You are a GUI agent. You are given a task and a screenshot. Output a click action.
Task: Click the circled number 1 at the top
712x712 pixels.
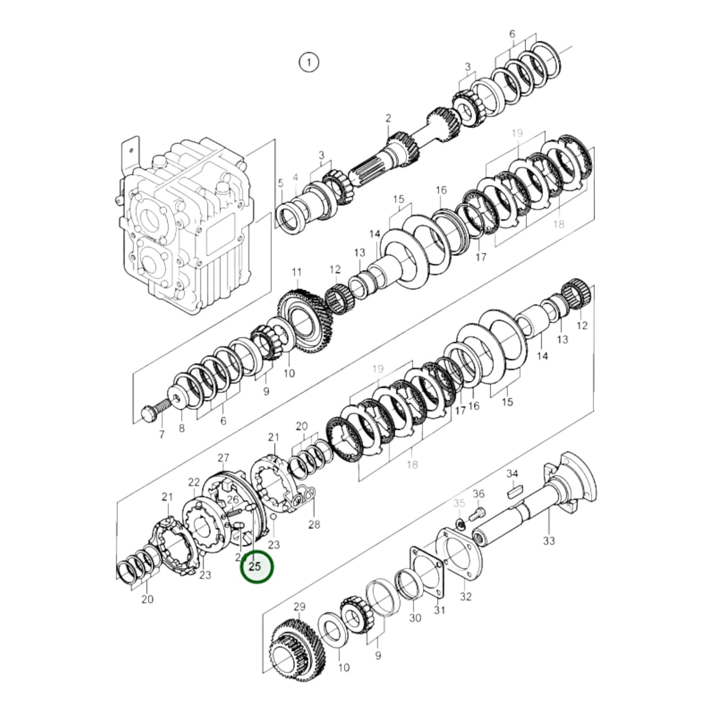309,63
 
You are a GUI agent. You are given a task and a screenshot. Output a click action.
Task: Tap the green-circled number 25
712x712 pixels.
256,567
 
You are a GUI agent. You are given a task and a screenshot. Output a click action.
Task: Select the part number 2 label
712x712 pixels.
388,118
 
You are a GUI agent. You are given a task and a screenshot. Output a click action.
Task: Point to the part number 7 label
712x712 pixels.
161,435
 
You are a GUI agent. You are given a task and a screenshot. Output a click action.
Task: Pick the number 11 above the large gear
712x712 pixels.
297,272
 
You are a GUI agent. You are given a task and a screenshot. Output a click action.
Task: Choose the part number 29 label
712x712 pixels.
300,607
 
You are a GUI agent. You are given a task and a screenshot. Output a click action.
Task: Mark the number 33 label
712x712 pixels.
549,541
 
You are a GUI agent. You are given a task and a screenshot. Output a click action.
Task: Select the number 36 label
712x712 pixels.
478,494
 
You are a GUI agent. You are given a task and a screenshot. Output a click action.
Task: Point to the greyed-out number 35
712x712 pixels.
459,503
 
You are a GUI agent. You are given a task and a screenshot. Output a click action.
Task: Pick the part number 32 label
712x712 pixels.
466,596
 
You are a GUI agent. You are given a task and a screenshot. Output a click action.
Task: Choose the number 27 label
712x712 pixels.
224,458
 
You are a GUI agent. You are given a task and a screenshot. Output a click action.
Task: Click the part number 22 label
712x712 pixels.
194,482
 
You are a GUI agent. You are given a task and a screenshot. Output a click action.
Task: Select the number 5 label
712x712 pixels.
280,184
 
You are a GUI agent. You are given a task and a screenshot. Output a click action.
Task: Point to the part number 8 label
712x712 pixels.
181,428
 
